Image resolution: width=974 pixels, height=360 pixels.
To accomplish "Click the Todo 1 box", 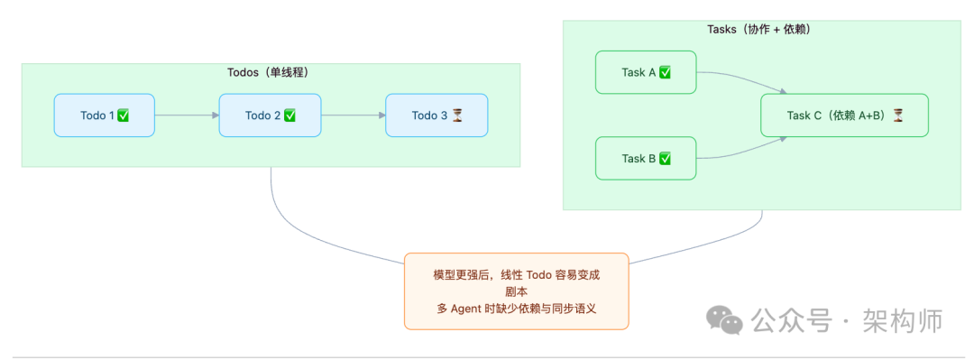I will tap(104, 115).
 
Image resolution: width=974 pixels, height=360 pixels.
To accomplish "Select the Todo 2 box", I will tap(270, 115).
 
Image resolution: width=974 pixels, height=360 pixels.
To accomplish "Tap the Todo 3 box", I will tap(436, 115).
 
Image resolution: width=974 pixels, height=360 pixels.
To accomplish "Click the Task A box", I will tap(646, 72).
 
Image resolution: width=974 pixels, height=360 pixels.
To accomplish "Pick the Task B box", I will tap(646, 159).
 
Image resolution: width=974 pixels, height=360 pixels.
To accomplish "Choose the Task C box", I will tap(844, 115).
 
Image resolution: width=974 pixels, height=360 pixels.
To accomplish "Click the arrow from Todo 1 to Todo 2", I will tap(187, 115).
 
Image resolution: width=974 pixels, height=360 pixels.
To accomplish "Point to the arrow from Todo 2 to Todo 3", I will tap(353, 115).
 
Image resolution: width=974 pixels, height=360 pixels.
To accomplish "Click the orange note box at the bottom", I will tap(516, 291).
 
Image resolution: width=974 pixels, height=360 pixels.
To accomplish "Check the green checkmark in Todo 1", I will tap(124, 115).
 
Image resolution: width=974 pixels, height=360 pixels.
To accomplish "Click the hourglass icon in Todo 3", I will tap(457, 115).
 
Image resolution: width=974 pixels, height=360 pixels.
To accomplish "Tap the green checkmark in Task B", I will tap(665, 159).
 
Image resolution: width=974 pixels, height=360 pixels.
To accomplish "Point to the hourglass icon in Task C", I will tap(897, 115).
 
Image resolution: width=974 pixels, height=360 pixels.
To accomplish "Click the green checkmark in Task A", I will tap(665, 72).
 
